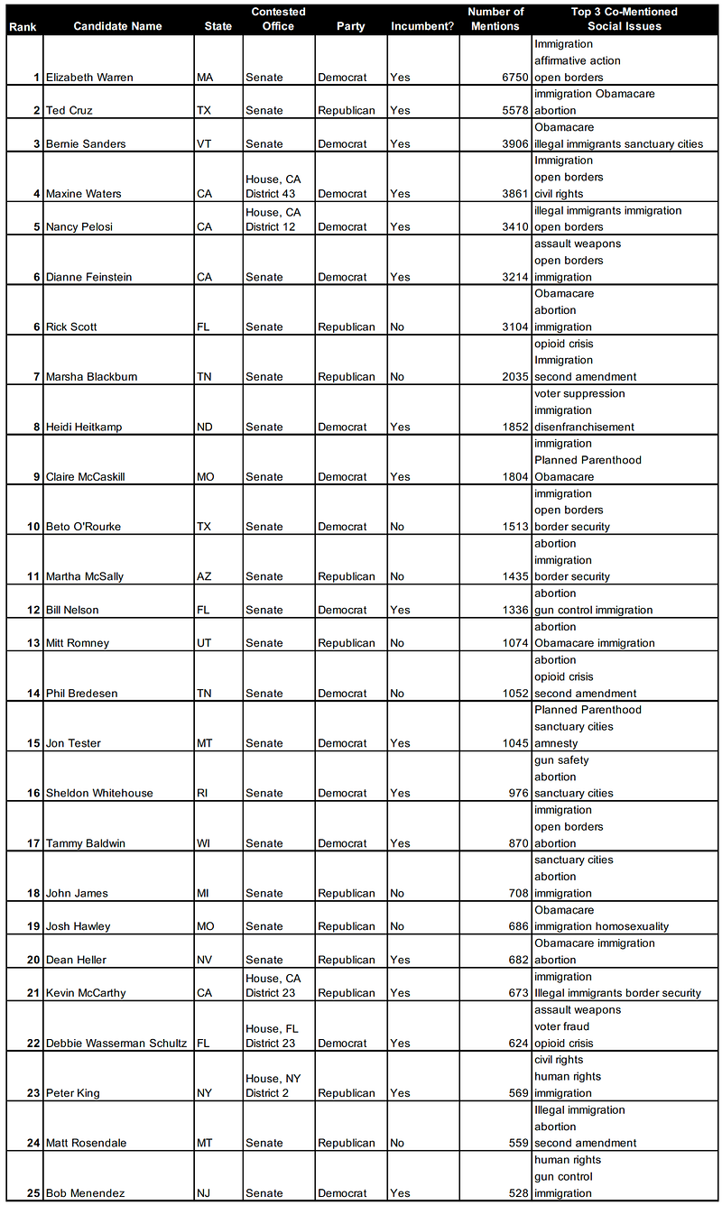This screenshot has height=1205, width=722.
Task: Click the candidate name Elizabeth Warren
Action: [x=89, y=78]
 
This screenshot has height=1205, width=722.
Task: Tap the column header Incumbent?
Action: [x=421, y=26]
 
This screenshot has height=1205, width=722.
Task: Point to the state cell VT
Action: [x=205, y=144]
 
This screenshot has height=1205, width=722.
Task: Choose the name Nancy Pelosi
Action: [x=82, y=227]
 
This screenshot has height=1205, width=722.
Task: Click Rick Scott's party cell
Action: [x=346, y=327]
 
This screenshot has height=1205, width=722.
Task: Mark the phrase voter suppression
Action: [x=579, y=393]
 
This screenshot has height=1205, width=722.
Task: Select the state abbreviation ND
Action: [x=205, y=428]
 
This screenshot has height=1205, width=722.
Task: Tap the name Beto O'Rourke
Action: [x=83, y=527]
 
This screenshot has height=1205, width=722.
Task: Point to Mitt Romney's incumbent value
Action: [x=399, y=643]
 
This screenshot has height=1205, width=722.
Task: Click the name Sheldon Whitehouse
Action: [x=99, y=794]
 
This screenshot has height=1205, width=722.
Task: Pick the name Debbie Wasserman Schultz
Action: [x=116, y=1044]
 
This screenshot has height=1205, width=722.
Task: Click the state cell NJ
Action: [x=205, y=1193]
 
